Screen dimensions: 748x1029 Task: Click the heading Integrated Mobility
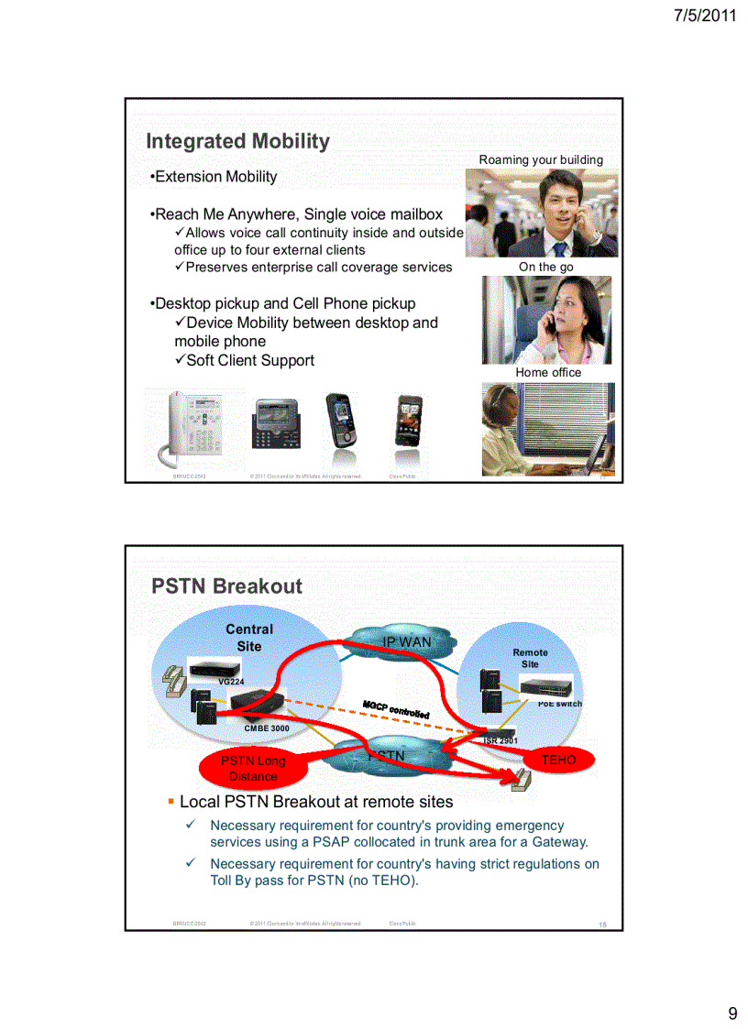point(237,141)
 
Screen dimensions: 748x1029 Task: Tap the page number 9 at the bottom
point(732,1013)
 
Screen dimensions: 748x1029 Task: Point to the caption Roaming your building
point(541,159)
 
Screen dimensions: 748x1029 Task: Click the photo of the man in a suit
point(541,213)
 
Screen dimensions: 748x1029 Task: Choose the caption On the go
point(546,267)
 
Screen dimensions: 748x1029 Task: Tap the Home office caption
point(548,372)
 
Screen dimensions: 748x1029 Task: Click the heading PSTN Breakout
point(226,586)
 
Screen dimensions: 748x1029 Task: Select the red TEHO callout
point(558,760)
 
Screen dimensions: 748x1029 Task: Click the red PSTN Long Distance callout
point(253,768)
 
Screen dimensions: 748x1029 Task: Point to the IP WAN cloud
point(406,642)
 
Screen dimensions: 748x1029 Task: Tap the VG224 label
point(231,682)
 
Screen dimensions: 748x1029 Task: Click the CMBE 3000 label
point(267,728)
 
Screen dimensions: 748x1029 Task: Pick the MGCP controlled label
point(396,709)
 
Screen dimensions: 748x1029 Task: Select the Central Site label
point(249,638)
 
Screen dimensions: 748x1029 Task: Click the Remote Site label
point(530,658)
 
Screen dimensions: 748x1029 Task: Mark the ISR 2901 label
point(500,740)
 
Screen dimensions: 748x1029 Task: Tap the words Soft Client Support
point(249,360)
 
